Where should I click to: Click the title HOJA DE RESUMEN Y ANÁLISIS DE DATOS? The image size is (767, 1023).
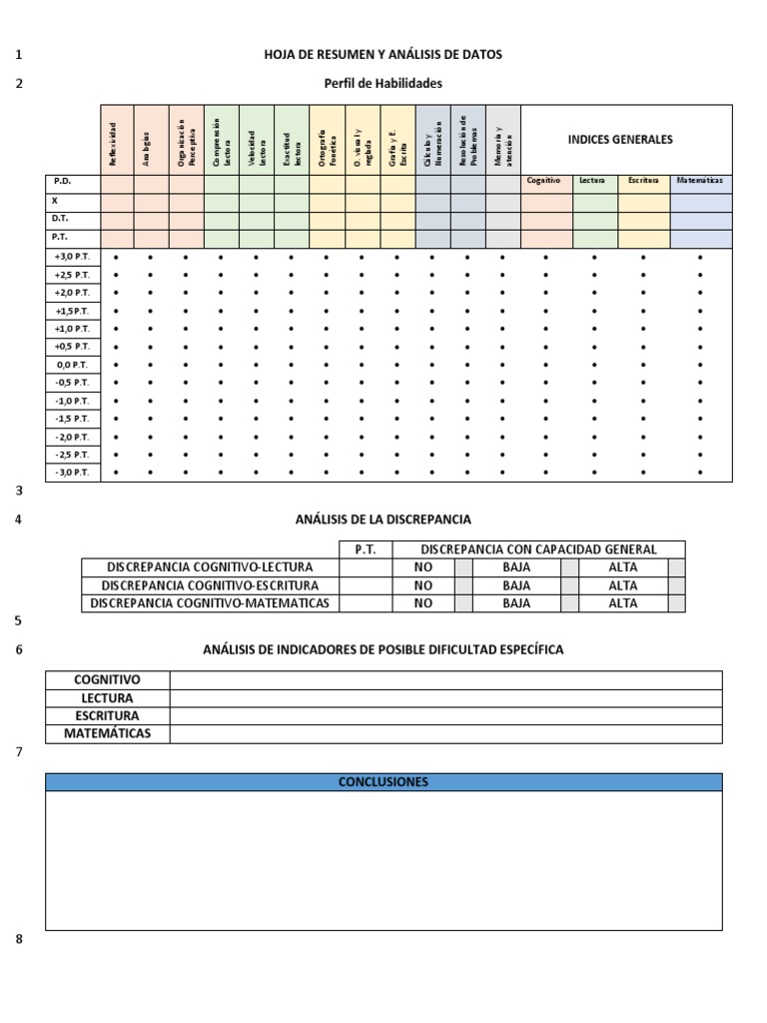[383, 55]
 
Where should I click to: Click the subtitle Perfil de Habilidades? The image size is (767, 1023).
[383, 84]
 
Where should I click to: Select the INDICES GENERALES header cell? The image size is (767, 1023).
[620, 140]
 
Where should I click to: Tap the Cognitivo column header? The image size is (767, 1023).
[545, 181]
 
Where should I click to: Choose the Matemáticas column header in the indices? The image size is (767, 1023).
[700, 181]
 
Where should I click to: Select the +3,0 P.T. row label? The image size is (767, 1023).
[73, 257]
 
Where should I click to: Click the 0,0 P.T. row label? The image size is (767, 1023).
[73, 365]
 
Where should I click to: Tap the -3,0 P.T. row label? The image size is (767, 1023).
[73, 473]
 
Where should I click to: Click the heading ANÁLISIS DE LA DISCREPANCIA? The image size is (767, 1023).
[383, 519]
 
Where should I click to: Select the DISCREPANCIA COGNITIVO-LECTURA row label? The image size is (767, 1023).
[210, 567]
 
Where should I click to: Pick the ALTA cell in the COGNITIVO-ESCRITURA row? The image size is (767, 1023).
[622, 585]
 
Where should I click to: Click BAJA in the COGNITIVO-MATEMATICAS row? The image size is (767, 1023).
[516, 603]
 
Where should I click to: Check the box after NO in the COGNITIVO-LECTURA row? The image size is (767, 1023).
[463, 567]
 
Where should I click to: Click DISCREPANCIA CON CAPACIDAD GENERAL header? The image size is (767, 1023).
[538, 549]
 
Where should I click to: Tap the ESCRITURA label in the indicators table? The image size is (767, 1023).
[107, 716]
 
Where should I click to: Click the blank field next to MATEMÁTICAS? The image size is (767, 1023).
[445, 734]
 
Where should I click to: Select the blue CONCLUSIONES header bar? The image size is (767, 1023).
[383, 782]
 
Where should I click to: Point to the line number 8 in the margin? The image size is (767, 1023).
[19, 939]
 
